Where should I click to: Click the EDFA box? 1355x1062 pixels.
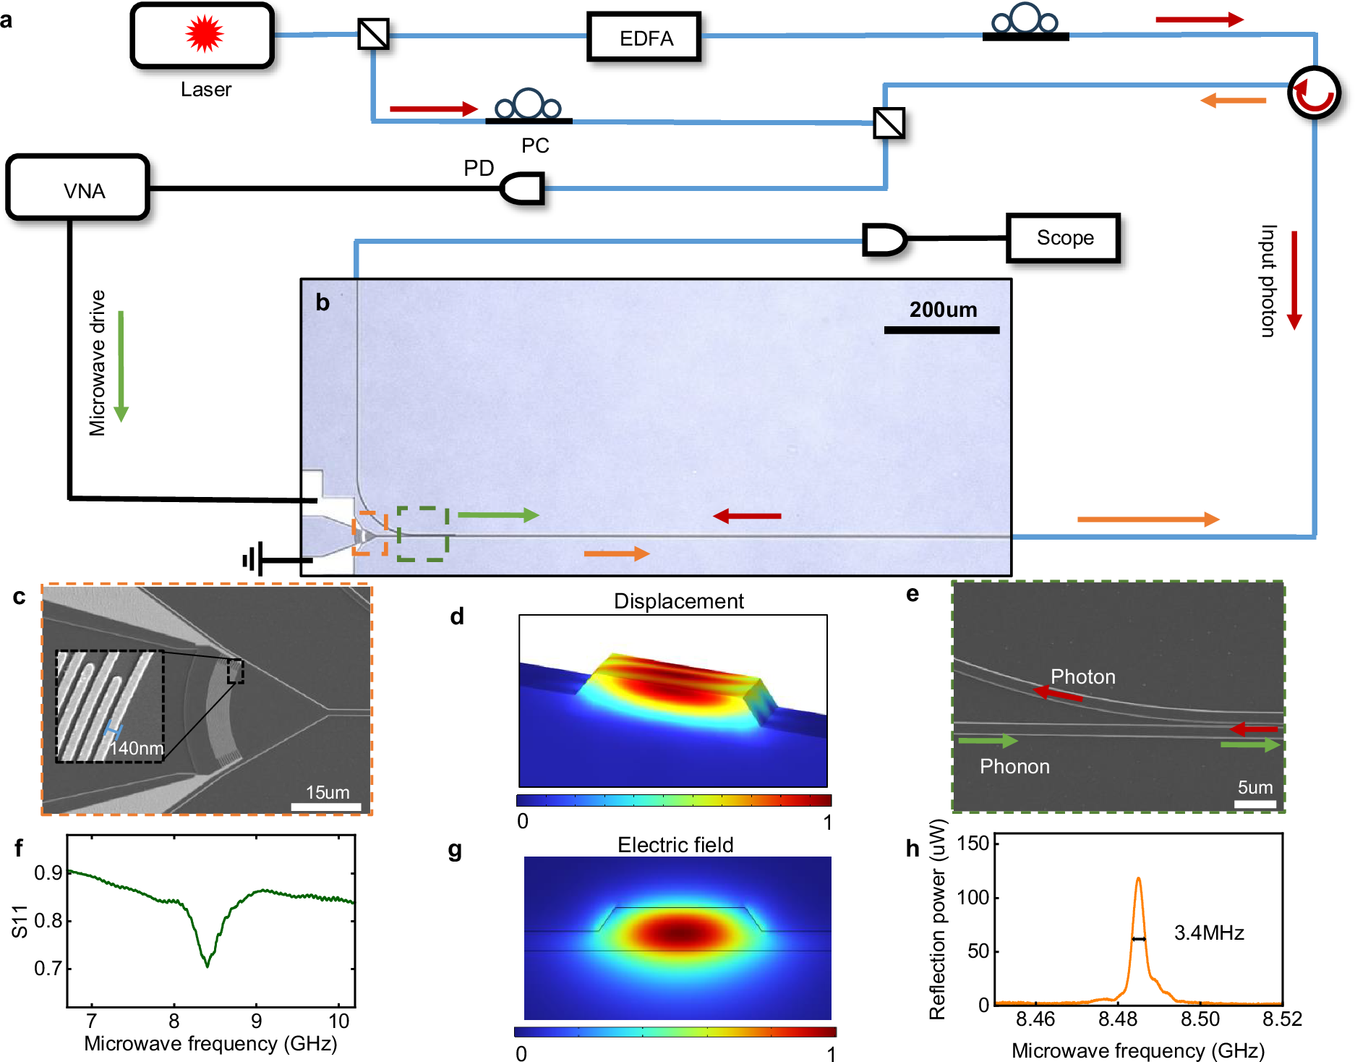point(644,37)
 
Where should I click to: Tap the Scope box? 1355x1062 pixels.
point(1064,237)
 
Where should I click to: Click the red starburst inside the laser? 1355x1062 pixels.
point(204,34)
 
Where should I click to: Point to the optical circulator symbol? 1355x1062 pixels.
point(1314,93)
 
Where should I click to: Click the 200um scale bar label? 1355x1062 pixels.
point(943,310)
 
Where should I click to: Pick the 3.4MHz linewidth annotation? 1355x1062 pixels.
point(1208,933)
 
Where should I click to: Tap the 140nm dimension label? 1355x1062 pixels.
point(136,748)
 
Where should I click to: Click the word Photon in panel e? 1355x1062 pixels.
point(1082,676)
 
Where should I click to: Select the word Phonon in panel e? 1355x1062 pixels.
point(1014,766)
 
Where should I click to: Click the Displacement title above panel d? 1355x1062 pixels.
point(678,601)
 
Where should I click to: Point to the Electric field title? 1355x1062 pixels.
point(675,844)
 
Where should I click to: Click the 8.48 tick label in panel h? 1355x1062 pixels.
point(1118,1019)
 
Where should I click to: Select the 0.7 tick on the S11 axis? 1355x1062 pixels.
point(48,968)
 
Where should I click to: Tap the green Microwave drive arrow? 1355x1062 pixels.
point(121,365)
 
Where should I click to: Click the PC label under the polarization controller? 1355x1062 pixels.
point(535,145)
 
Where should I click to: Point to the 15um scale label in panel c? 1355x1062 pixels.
point(328,792)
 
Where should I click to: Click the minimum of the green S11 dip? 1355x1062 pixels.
point(208,965)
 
